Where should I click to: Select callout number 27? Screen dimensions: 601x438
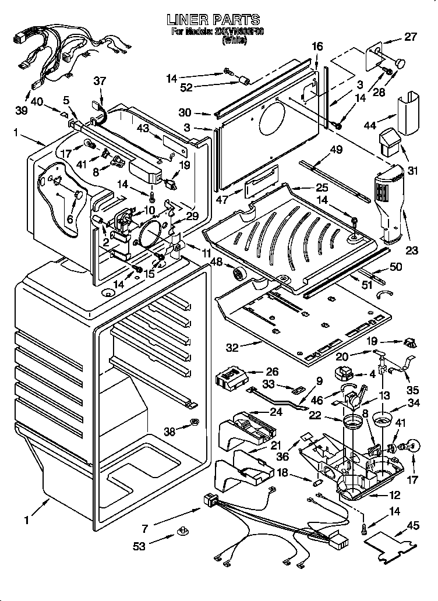pyautogui.click(x=411, y=37)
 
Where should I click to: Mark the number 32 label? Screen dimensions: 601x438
pyautogui.click(x=232, y=348)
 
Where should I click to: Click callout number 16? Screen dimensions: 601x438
pyautogui.click(x=317, y=46)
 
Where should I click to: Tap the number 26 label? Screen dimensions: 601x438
pyautogui.click(x=271, y=372)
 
